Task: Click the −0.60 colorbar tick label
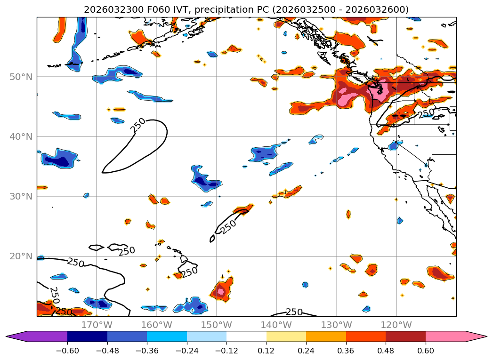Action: click(x=67, y=351)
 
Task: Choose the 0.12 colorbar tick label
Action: click(x=266, y=351)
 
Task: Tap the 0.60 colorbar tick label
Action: click(x=425, y=351)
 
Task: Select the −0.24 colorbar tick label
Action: click(x=186, y=351)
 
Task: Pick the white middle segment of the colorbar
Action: click(x=246, y=336)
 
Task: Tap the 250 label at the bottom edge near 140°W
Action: click(x=294, y=312)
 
